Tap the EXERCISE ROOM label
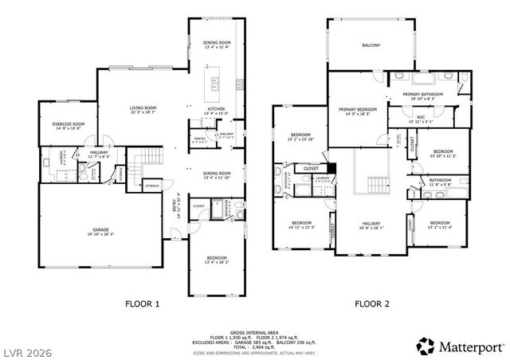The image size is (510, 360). coord(69,124)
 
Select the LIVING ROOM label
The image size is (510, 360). coord(144,108)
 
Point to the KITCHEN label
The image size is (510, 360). coord(216,109)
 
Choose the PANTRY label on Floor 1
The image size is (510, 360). coord(200,139)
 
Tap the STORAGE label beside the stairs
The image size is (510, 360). coord(151,186)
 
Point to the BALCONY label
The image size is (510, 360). coord(371,45)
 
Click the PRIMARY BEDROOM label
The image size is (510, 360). coord(356,109)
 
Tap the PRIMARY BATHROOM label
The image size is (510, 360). coord(422,94)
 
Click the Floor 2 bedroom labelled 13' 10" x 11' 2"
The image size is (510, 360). coord(442,151)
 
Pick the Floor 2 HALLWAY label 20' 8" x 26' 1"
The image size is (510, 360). coord(371,224)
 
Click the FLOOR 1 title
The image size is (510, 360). coord(143,303)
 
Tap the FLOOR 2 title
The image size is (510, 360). coord(372,303)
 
